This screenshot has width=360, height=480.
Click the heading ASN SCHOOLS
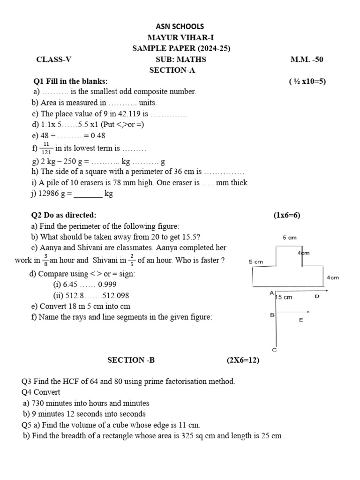pos(180,27)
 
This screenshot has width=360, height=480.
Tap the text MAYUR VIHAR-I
pos(180,37)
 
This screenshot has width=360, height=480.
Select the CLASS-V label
pos(54,60)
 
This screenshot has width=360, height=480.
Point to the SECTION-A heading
pos(172,70)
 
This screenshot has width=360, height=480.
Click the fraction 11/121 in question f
pos(46,148)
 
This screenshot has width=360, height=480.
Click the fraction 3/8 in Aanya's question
pos(45,260)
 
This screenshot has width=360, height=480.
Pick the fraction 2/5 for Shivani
pos(132,260)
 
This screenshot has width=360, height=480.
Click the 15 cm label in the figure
pos(284,297)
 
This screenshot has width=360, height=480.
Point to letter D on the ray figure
pos(317,296)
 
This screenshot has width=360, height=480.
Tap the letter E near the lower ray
pos(300,320)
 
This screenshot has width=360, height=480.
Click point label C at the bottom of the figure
pos(274,350)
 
